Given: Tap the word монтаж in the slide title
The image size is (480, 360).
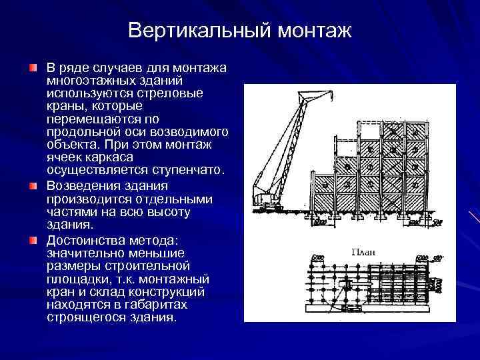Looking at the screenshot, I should (x=315, y=31).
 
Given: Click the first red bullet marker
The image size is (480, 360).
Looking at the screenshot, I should (x=34, y=69).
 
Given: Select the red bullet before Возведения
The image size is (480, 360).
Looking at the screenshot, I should (x=34, y=185).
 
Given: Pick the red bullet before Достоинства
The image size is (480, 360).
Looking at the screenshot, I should (x=34, y=239).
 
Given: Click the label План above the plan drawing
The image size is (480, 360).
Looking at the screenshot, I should (x=364, y=252).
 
